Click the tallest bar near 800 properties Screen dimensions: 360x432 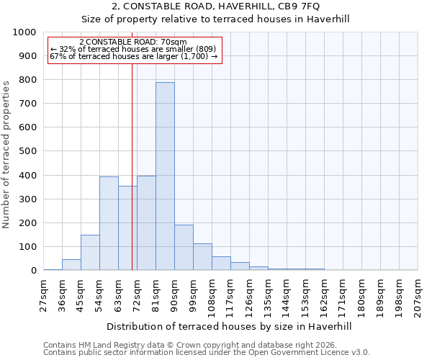(165, 176)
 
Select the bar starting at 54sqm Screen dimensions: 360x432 (109, 223)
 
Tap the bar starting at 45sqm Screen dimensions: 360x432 (90, 252)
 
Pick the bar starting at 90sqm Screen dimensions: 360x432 (184, 247)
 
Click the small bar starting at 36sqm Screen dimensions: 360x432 (71, 264)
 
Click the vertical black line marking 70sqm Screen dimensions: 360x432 (132, 166)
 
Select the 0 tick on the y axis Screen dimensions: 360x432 (33, 271)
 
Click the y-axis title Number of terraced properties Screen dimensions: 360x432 (6, 154)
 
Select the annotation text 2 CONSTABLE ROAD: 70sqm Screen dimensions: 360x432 (133, 42)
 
